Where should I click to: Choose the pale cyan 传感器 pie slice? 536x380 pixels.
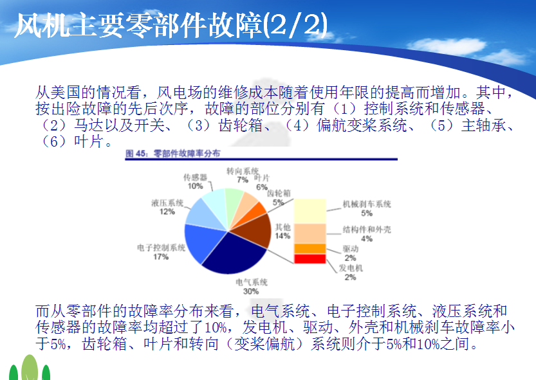pos(216,205)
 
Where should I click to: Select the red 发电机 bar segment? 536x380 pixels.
pos(310,258)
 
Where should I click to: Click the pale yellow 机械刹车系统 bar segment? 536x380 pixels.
pos(310,211)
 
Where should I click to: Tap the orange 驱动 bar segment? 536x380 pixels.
pos(310,248)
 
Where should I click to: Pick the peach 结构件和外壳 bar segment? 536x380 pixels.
pos(310,234)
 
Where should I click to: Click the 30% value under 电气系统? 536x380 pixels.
pos(251,291)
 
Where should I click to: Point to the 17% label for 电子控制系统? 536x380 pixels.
pos(161,257)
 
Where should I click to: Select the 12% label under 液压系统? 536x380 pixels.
pos(167,212)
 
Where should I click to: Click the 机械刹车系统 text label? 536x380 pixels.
pos(367,204)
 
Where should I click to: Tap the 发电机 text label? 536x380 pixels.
pos(351,268)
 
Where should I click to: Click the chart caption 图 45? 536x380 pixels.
pos(136,154)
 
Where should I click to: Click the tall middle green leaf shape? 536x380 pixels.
pos(30,367)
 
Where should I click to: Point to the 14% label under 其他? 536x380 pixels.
pos(282,236)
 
